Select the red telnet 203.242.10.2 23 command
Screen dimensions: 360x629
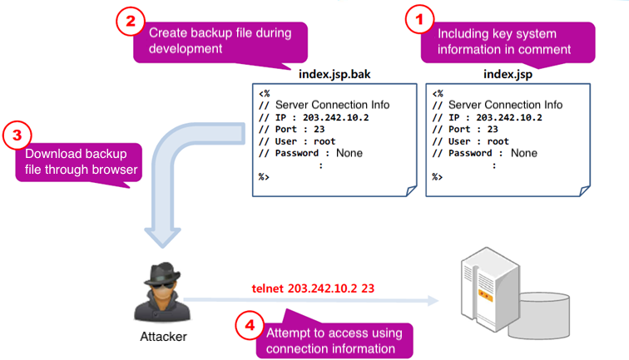point(313,288)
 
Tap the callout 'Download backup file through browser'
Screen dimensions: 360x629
point(82,161)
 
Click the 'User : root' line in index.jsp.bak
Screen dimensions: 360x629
point(297,141)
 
